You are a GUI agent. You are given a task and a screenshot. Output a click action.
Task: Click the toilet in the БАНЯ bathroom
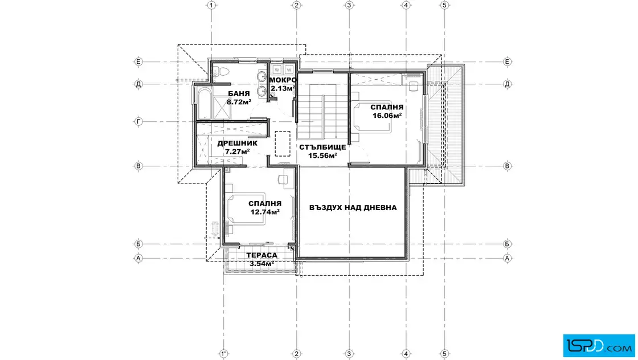(221, 72)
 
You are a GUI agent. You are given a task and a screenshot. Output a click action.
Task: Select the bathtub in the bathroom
(205, 103)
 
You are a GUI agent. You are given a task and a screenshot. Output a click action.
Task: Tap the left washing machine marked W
(277, 69)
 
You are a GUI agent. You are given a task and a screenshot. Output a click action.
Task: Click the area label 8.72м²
(239, 102)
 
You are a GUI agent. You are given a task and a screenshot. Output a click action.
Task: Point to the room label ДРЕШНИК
(237, 143)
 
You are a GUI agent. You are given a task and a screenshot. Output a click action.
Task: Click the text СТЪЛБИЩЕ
(322, 148)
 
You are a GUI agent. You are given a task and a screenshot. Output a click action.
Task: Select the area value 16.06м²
(387, 116)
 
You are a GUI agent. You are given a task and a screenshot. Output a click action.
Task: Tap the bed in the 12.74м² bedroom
(246, 208)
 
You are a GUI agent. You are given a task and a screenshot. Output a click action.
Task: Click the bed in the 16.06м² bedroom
(373, 117)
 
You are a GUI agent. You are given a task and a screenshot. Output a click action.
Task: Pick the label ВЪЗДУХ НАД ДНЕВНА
(353, 207)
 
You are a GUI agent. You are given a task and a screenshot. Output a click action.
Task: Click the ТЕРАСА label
(261, 255)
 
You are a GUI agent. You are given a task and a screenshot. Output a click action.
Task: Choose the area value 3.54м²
(261, 264)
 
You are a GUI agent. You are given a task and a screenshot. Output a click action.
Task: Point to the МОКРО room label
(283, 80)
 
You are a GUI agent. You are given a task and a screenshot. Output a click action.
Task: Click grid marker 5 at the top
(444, 5)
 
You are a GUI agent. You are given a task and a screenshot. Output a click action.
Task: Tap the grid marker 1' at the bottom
(223, 354)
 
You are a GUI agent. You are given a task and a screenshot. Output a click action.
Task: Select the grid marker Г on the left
(139, 121)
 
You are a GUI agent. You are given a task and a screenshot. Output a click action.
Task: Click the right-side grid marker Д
(507, 84)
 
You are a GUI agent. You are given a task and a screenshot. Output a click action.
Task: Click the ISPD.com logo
(599, 346)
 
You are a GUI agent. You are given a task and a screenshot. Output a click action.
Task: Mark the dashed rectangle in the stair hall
(283, 144)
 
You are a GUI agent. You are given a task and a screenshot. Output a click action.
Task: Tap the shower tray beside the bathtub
(222, 108)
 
